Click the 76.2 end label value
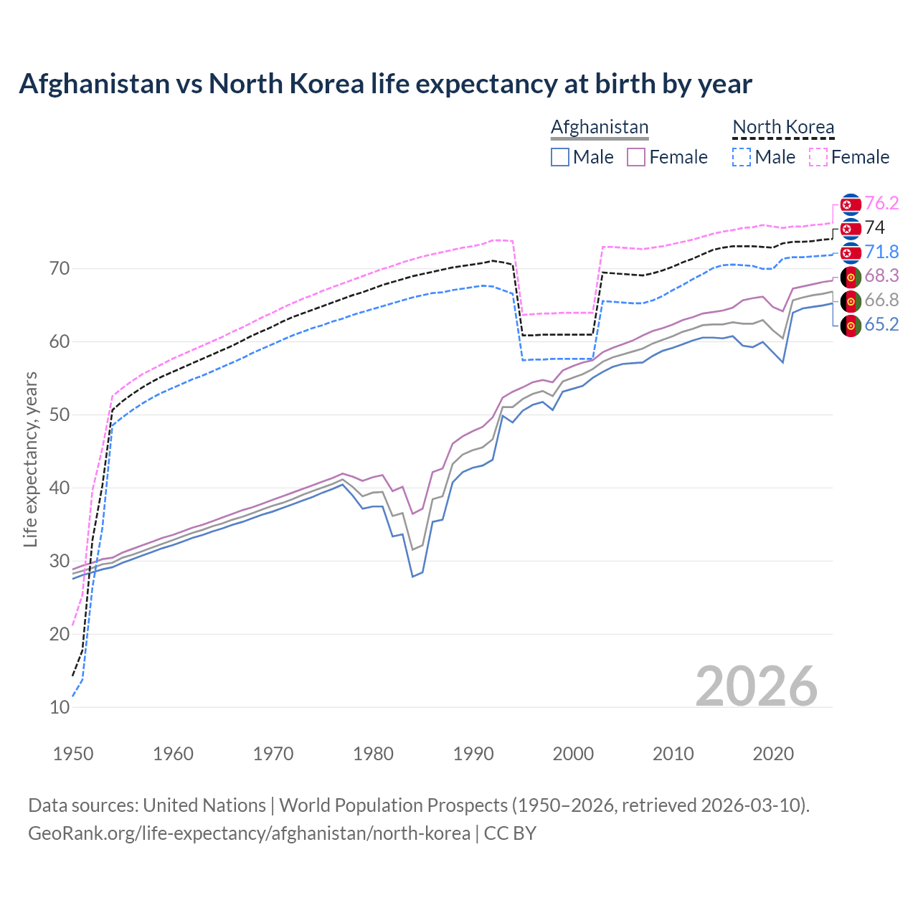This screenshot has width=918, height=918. (x=881, y=204)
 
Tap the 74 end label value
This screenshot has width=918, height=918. (x=875, y=228)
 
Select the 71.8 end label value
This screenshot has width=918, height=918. (x=881, y=252)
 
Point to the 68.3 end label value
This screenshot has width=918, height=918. (x=881, y=276)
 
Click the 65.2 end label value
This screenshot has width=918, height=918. (x=881, y=325)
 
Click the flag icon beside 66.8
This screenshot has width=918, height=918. (x=851, y=301)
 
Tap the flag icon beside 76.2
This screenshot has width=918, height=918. (x=851, y=204)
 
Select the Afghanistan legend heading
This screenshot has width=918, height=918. (x=600, y=128)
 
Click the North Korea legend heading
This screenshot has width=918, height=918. (x=783, y=128)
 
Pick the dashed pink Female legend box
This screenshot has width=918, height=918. (x=818, y=157)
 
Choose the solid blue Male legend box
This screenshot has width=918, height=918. (x=560, y=157)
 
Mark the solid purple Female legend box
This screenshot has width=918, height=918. (x=636, y=157)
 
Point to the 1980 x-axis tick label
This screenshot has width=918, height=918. (x=374, y=754)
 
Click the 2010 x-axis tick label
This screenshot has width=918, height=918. (x=673, y=754)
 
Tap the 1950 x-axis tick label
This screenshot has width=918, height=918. (x=74, y=754)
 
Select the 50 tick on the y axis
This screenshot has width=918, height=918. (x=60, y=415)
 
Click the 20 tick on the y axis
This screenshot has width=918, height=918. (x=60, y=634)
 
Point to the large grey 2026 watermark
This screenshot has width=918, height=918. (x=757, y=686)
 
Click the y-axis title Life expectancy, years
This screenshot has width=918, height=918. (x=31, y=459)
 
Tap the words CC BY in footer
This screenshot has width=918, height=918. (x=510, y=833)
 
